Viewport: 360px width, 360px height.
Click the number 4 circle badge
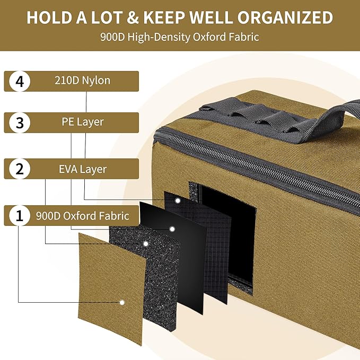[x=20, y=81]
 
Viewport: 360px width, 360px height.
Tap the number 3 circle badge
[x=20, y=123]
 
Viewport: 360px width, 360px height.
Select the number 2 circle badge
[x=20, y=169]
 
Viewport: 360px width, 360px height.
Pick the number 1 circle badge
[x=20, y=216]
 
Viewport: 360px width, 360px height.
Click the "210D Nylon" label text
[x=82, y=81]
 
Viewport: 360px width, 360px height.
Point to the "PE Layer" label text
[x=83, y=122]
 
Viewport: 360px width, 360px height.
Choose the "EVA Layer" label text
[x=83, y=170]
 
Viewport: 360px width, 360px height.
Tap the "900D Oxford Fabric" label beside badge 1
[x=83, y=216]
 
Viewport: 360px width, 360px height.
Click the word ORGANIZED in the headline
[x=285, y=17]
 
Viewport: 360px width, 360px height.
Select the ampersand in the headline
[x=133, y=17]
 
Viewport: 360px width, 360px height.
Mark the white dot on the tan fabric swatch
[x=122, y=303]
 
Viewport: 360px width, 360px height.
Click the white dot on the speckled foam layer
[x=146, y=244]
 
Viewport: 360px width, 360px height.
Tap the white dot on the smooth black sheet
[x=172, y=229]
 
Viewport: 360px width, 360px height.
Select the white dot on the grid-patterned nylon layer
[x=178, y=200]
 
